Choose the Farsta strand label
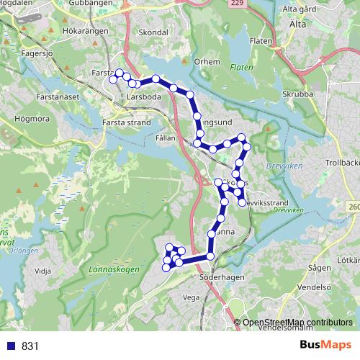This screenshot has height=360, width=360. tap(127, 122)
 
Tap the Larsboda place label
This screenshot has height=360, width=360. tap(145, 94)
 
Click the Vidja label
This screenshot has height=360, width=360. tap(43, 271)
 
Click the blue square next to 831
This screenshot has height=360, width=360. tap(10, 346)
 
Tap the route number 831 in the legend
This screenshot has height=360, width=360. tap(30, 346)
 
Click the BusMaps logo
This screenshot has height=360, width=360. tap(325, 345)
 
